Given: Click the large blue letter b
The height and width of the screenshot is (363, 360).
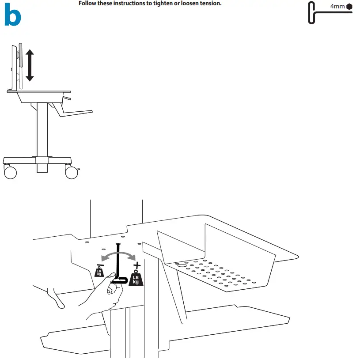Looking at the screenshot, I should [x=12, y=16].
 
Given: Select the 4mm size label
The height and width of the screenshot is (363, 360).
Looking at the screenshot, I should [x=338, y=7].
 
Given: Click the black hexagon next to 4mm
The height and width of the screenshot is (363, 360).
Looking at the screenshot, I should [x=349, y=7].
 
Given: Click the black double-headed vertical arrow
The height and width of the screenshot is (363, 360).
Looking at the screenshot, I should [x=30, y=65].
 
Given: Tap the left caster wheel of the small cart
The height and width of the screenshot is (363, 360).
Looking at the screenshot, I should [x=10, y=171].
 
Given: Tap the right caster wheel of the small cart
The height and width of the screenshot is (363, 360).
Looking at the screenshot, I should [x=72, y=171].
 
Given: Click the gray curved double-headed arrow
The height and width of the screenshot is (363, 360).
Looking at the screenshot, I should [x=118, y=255].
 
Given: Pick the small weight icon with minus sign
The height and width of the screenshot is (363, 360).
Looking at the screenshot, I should [x=99, y=272].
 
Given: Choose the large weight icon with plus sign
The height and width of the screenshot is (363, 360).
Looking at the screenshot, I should [x=136, y=278].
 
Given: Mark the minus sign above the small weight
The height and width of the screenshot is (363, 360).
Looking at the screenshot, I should [x=99, y=265].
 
